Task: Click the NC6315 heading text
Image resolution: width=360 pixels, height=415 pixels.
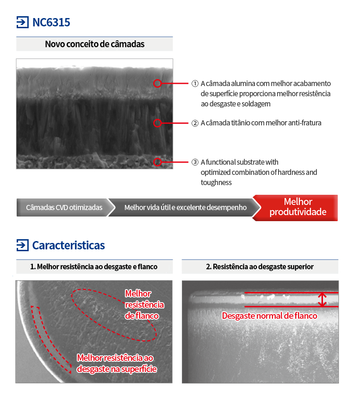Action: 51,22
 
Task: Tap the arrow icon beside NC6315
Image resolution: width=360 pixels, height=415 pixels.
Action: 23,22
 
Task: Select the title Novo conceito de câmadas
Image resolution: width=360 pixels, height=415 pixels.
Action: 94,44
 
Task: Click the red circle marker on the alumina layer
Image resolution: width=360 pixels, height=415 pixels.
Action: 157,83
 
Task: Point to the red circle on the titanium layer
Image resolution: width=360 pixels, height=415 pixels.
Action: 157,123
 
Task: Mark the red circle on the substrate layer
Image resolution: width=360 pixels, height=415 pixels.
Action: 157,162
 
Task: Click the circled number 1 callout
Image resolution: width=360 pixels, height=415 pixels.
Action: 195,84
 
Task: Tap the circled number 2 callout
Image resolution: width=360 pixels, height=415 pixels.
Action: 195,124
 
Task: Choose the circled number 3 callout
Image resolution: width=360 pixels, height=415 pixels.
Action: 195,162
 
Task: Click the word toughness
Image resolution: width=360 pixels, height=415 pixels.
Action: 216,183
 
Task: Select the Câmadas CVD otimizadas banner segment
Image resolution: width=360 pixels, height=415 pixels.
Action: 64,207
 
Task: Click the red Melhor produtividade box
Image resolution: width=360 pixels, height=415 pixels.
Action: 295,208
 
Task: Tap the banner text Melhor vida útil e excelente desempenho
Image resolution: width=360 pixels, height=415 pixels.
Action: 185,207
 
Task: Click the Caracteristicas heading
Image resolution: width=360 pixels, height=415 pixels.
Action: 68,245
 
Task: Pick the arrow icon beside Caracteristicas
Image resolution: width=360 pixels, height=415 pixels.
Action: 23,245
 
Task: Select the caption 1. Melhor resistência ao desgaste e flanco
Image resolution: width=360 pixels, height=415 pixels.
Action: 94,267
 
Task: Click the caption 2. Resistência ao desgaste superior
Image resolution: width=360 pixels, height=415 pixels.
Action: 260,267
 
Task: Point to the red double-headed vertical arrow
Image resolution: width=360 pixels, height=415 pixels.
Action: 322,300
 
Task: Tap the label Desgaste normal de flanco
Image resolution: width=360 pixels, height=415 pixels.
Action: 269,316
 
